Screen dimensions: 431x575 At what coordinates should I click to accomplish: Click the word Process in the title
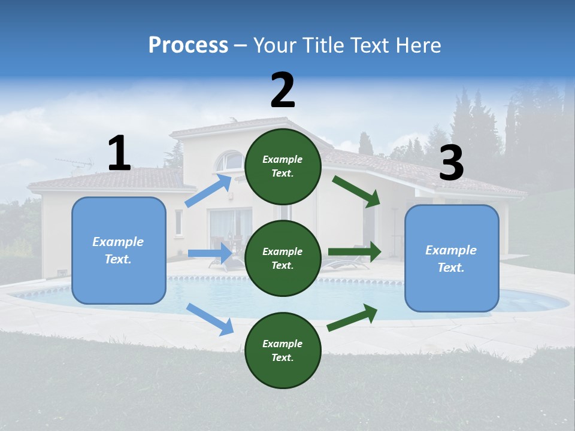pos(188,45)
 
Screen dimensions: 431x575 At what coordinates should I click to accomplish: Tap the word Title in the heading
pos(322,45)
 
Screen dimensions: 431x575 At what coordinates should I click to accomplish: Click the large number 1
pos(119,153)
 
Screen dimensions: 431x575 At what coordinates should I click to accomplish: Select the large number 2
pos(283,90)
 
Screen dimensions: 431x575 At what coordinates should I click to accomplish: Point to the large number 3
pos(451,163)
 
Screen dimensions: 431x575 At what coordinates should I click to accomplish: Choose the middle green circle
pos(283,258)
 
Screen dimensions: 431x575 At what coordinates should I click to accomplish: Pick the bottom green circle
pos(283,350)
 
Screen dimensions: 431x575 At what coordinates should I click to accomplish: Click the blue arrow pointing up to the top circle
pos(208,191)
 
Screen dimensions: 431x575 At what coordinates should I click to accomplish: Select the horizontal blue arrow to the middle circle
pos(210,253)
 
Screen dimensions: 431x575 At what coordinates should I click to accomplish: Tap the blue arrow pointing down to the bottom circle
pos(210,319)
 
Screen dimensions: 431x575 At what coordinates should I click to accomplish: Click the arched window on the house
pos(229,160)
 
